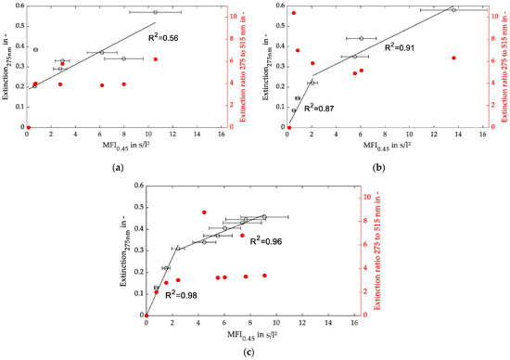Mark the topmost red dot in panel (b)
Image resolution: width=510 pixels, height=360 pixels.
(294, 13)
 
